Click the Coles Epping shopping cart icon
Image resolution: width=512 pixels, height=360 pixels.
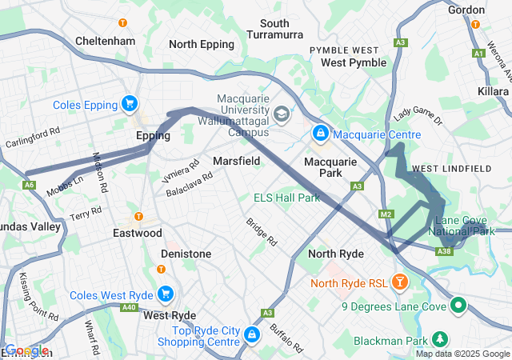coord(129,103)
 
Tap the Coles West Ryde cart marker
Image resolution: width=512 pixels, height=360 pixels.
coord(166,294)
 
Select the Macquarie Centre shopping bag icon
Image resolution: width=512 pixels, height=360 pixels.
coord(320,132)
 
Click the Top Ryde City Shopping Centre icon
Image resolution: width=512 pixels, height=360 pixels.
coord(251,334)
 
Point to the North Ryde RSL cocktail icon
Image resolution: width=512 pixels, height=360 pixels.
coord(400,282)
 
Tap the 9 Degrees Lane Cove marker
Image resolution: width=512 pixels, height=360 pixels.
coord(458,305)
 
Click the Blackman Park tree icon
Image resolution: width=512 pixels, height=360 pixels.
coord(439,338)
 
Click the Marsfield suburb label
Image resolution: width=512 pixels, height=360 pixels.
coord(236,161)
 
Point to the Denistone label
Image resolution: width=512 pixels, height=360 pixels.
coord(186,254)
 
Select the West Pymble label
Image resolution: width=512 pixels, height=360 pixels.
coord(353,62)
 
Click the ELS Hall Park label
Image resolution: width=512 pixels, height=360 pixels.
coord(286,198)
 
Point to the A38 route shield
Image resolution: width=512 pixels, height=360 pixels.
coord(446,252)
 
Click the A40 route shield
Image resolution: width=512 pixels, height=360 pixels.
coord(129,306)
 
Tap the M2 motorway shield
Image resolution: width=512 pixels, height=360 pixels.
coord(386,214)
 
